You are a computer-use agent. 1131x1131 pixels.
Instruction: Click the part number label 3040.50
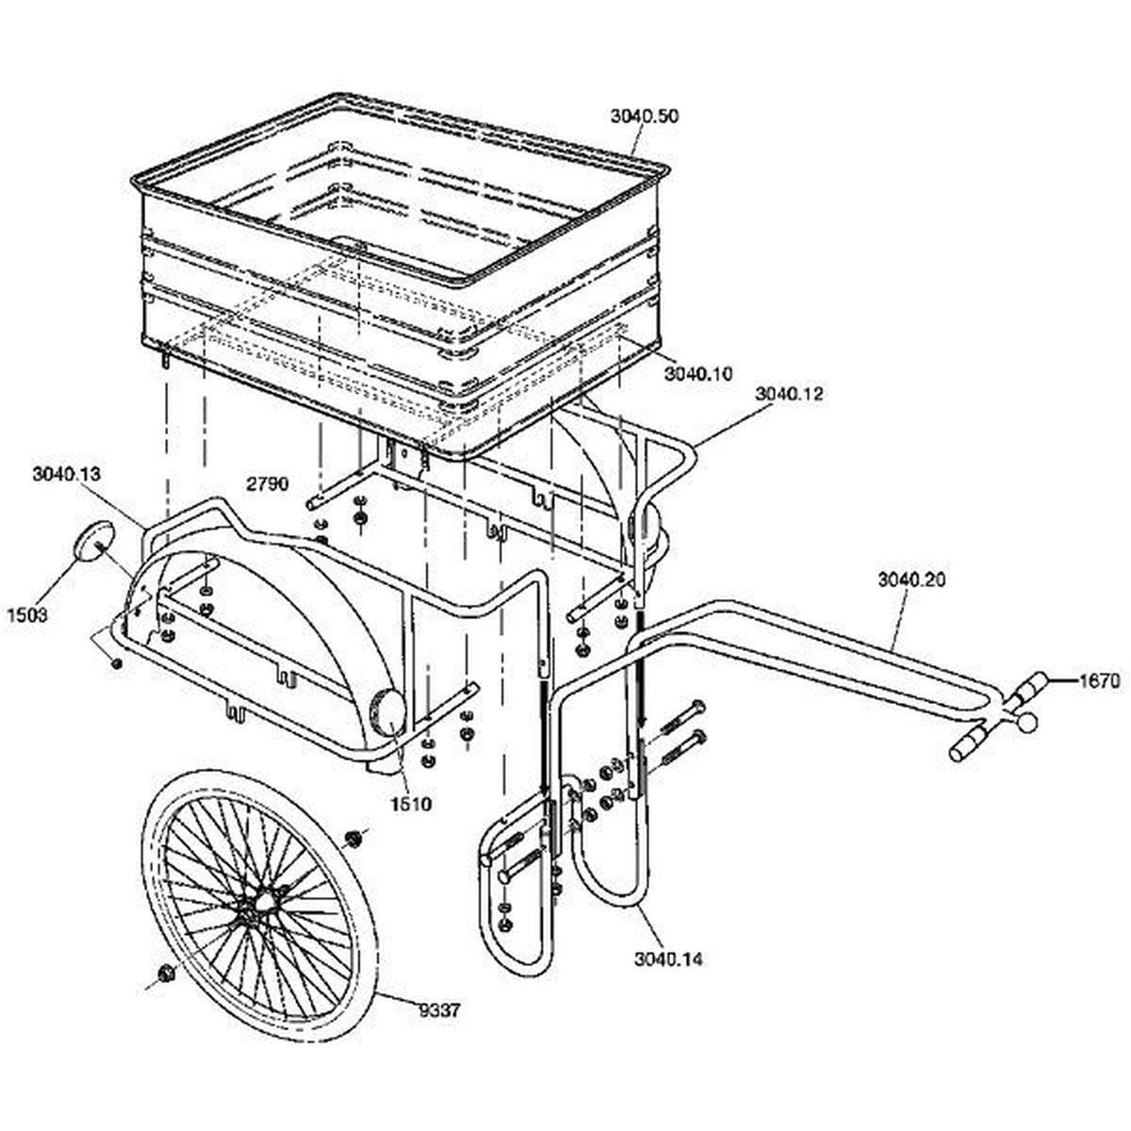click(644, 117)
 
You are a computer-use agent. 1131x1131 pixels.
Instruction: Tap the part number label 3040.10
click(697, 374)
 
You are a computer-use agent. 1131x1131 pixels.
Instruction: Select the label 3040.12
click(789, 394)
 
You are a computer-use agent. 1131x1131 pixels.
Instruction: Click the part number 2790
click(267, 484)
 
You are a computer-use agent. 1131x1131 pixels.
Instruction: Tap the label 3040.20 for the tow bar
click(911, 580)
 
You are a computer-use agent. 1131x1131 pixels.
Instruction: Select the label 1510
click(412, 804)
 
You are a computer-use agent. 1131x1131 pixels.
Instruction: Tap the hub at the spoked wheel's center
click(265, 902)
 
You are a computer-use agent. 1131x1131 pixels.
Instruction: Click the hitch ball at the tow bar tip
click(1026, 722)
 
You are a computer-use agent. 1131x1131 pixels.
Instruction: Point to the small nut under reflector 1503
click(116, 664)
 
